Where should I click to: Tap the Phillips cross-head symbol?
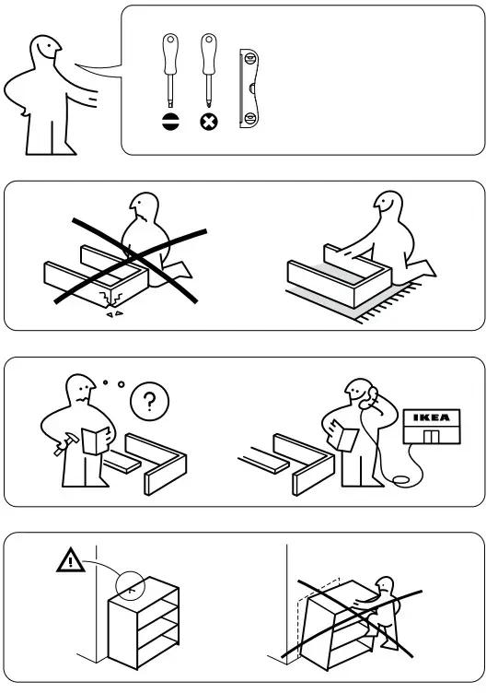209,122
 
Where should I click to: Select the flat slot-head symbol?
170,122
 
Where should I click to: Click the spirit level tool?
249,88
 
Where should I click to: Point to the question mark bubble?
150,401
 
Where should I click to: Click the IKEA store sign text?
432,417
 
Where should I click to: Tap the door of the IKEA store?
432,436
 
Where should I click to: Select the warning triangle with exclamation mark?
71,561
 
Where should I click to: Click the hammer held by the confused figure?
66,444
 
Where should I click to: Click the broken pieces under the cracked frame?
114,314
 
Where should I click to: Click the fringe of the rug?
388,304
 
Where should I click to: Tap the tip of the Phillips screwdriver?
209,106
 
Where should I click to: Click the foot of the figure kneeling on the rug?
423,268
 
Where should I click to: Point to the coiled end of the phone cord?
400,479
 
